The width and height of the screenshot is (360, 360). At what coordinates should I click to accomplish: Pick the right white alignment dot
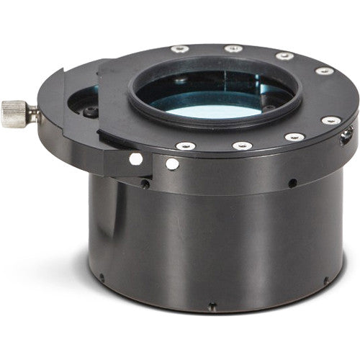[x=172, y=163]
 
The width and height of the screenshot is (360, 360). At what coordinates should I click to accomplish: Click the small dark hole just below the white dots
[x=145, y=184]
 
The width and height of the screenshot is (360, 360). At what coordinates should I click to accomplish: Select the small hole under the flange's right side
[x=292, y=183]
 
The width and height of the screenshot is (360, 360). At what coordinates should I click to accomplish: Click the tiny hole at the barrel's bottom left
[x=102, y=276]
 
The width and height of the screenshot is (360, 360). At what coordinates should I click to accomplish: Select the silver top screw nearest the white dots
[x=186, y=145]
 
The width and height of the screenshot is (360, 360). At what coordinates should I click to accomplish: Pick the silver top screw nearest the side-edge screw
[x=331, y=120]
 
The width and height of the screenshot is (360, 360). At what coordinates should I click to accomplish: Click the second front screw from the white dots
[x=241, y=145]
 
